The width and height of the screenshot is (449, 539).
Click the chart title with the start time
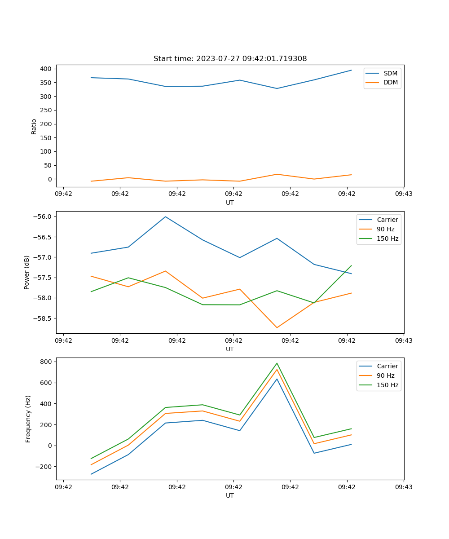(230, 59)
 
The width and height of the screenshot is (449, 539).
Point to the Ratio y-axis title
(34, 126)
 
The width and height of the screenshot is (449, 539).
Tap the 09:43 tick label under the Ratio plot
(404, 194)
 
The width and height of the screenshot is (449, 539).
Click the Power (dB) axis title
(27, 272)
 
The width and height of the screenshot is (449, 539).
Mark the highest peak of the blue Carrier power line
(165, 216)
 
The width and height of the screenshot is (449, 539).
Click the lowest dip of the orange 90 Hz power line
(277, 327)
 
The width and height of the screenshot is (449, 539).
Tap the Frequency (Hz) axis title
(28, 419)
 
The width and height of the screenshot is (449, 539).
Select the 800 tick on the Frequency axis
(47, 362)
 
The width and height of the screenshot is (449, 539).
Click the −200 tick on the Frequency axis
(44, 467)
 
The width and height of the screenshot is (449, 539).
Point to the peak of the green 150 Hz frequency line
(277, 363)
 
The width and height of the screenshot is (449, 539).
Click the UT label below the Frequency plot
(230, 495)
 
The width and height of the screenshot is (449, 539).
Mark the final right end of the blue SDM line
(351, 70)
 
